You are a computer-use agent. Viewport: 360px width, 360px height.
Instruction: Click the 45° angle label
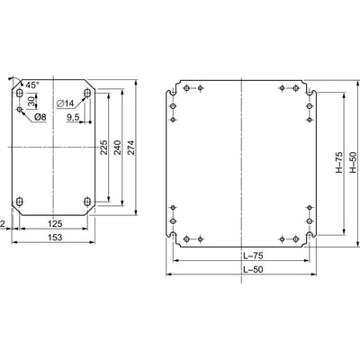pos(32,85)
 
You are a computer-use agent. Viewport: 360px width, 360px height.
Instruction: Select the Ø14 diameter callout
pos(65,103)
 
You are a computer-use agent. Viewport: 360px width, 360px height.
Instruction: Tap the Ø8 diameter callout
pos(40,117)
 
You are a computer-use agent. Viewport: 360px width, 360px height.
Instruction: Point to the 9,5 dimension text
pos(73,118)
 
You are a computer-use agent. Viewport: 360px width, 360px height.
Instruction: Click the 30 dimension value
pos(31,101)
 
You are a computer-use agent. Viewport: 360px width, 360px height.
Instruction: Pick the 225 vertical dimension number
pos(103,148)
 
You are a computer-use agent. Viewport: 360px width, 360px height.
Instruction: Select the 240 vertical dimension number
pos(117,148)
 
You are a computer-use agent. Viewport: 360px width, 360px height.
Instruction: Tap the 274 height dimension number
pos(131,148)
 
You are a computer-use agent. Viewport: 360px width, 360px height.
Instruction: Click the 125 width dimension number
pos(55,223)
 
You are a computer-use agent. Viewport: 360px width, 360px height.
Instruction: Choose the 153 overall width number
pos(55,238)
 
